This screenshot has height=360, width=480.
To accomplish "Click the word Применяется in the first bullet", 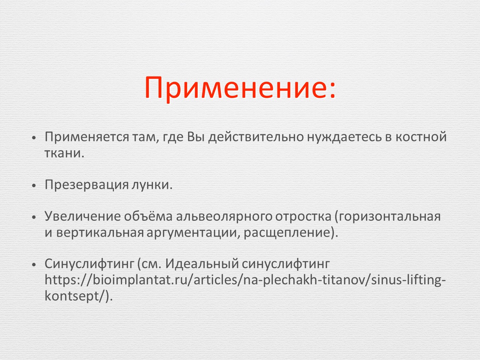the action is (87, 137).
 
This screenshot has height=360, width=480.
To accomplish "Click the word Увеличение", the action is (83, 217).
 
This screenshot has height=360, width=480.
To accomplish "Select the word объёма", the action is (148, 216).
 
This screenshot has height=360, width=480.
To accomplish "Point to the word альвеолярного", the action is (224, 217).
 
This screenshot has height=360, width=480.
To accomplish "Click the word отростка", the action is (303, 217).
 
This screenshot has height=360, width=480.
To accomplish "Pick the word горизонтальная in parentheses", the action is (388, 217).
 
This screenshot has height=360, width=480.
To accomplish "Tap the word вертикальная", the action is (100, 233).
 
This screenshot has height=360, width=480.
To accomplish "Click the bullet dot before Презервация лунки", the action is (34, 186).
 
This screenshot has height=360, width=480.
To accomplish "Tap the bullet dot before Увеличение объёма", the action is (34, 217).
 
